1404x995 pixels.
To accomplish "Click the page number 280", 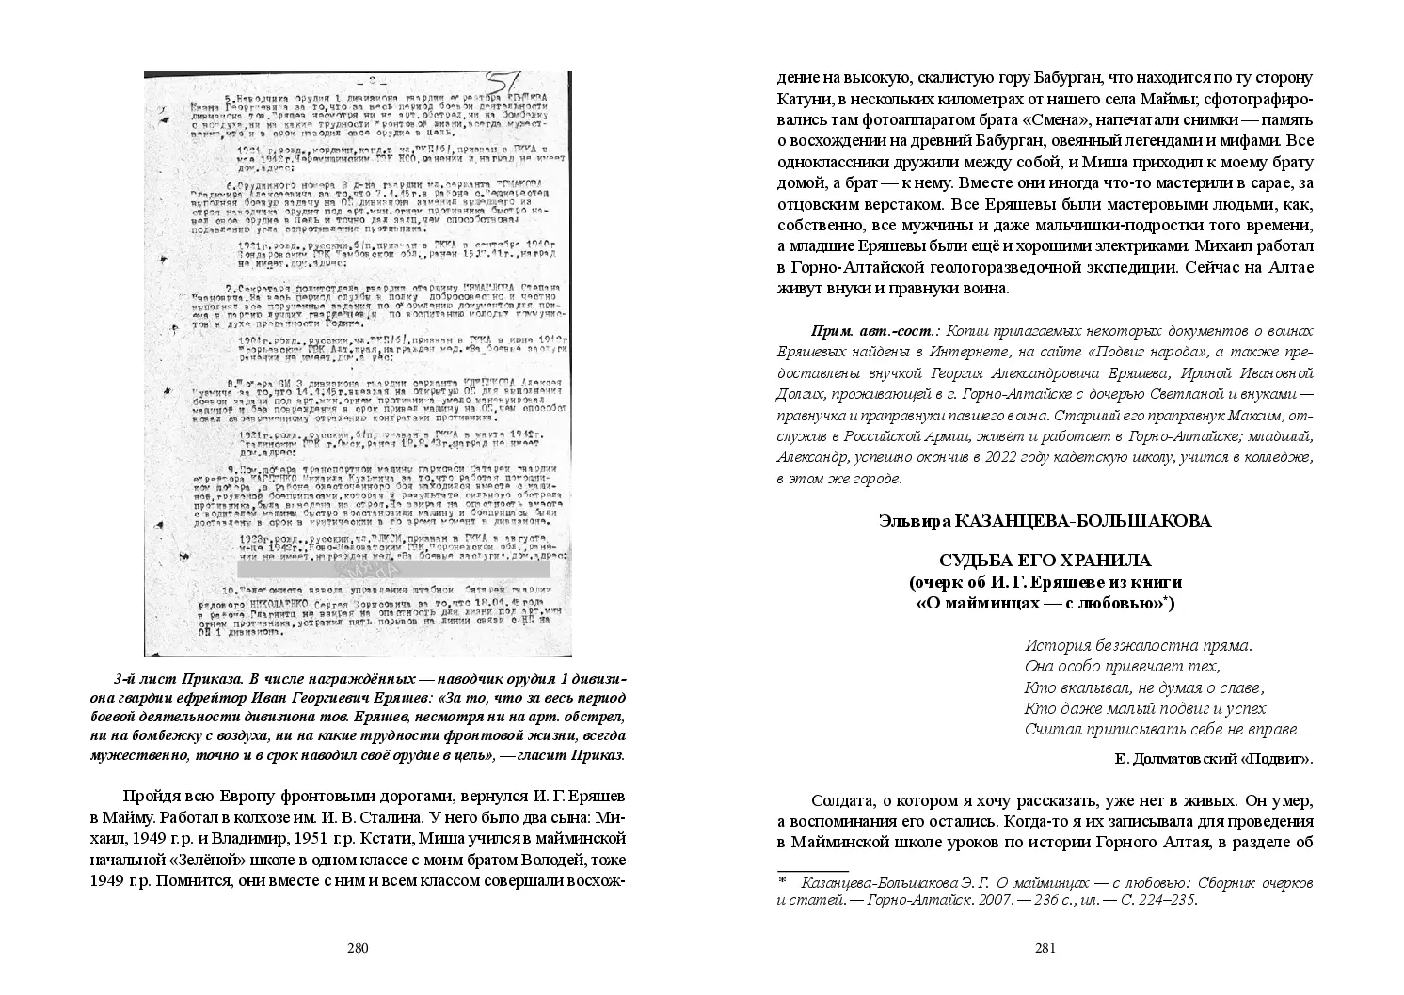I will click(x=357, y=949).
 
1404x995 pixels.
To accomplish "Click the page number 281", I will click(x=1045, y=949).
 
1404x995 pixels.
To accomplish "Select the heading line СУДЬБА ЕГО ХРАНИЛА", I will click(x=1045, y=561).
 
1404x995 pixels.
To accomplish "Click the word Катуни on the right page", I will click(x=805, y=100).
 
